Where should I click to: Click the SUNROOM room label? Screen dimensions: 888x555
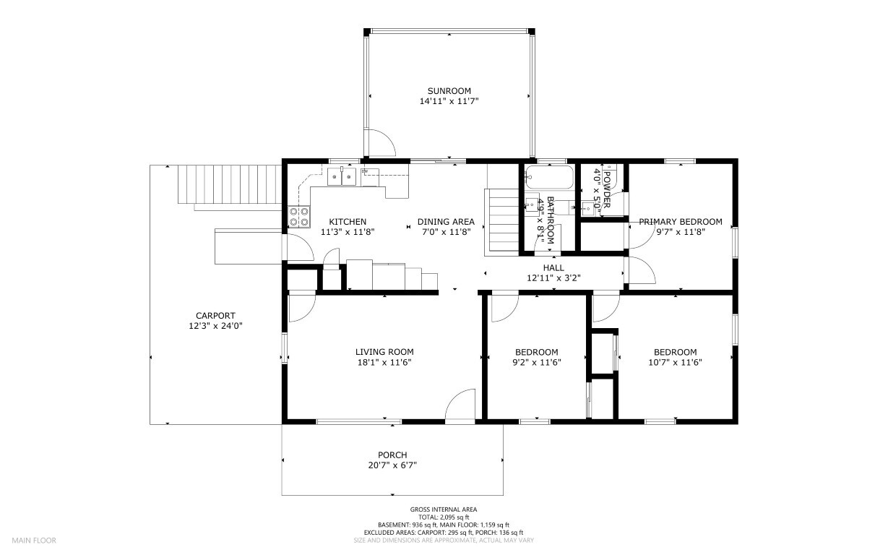tap(449, 91)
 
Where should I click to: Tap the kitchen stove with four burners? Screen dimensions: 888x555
tap(299, 217)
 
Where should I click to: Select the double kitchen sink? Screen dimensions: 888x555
tap(341, 176)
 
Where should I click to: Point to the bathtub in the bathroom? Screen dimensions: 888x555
tap(549, 177)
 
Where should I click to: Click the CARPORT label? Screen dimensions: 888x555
tap(215, 316)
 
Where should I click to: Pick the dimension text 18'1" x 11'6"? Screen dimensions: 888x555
tap(384, 362)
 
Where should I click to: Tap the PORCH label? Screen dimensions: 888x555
tap(392, 455)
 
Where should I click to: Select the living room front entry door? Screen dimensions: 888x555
tap(461, 405)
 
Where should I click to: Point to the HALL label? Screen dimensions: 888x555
tap(553, 267)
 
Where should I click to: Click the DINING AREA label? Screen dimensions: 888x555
tap(446, 222)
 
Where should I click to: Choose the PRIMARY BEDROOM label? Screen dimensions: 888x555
tap(681, 222)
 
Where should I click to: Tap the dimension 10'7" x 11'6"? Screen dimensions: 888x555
tap(675, 362)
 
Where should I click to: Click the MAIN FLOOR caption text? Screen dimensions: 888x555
tap(34, 541)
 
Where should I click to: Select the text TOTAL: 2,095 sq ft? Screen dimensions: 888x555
tap(444, 517)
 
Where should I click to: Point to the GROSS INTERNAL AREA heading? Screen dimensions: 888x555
tap(444, 509)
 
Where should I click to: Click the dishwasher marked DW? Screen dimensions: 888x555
tap(370, 177)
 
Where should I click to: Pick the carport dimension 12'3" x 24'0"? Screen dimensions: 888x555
tap(215, 326)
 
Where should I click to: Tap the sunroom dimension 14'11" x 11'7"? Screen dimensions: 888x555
tap(449, 101)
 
